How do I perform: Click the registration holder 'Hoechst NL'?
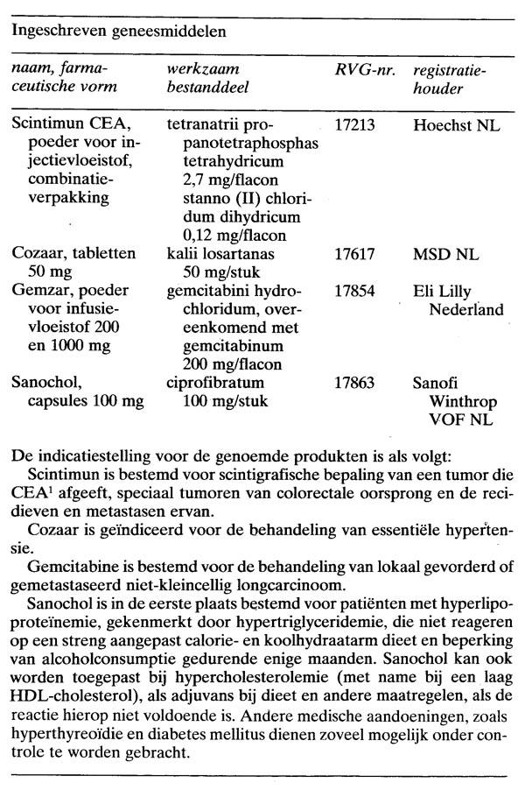pos(456,126)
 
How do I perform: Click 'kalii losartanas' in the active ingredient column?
pos(219,254)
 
